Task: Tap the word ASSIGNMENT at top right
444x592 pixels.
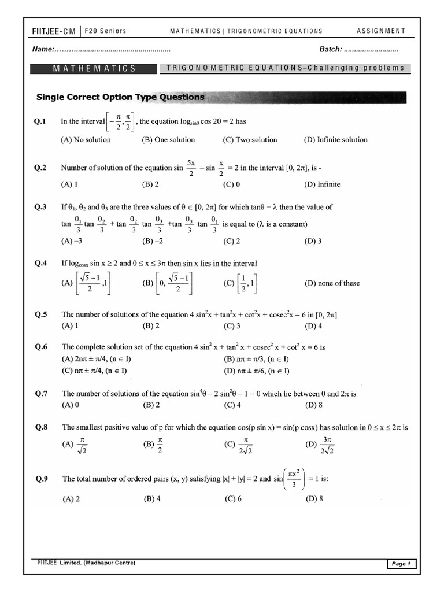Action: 380,31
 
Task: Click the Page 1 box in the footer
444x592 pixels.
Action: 400,564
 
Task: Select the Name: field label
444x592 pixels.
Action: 43,49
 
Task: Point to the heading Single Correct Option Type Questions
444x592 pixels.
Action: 120,97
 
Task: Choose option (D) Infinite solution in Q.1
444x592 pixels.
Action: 335,140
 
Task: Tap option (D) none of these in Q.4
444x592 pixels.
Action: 332,283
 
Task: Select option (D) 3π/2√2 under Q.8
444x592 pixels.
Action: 320,446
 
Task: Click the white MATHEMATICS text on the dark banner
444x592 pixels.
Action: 94,68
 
